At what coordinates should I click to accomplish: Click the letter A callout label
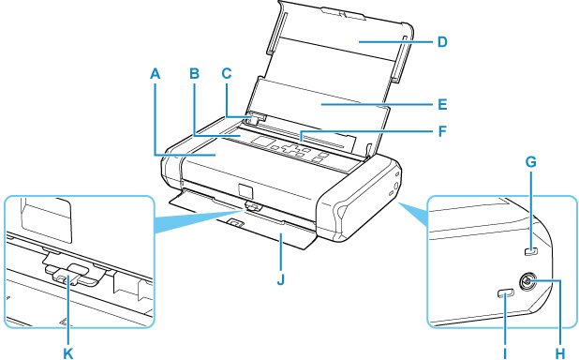(156, 74)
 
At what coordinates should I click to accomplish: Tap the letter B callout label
(195, 74)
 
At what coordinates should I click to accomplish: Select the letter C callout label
(227, 74)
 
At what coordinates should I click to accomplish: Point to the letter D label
(442, 42)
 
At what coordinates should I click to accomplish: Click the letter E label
(442, 105)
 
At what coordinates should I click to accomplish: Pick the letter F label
(442, 131)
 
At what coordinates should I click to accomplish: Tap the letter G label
(531, 162)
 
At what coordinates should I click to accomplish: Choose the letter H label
(560, 353)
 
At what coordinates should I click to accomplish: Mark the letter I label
(505, 353)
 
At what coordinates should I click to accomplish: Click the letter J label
(281, 279)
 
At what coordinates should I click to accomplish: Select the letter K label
(68, 353)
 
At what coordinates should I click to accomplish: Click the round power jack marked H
(526, 283)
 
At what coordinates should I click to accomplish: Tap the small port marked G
(531, 251)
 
